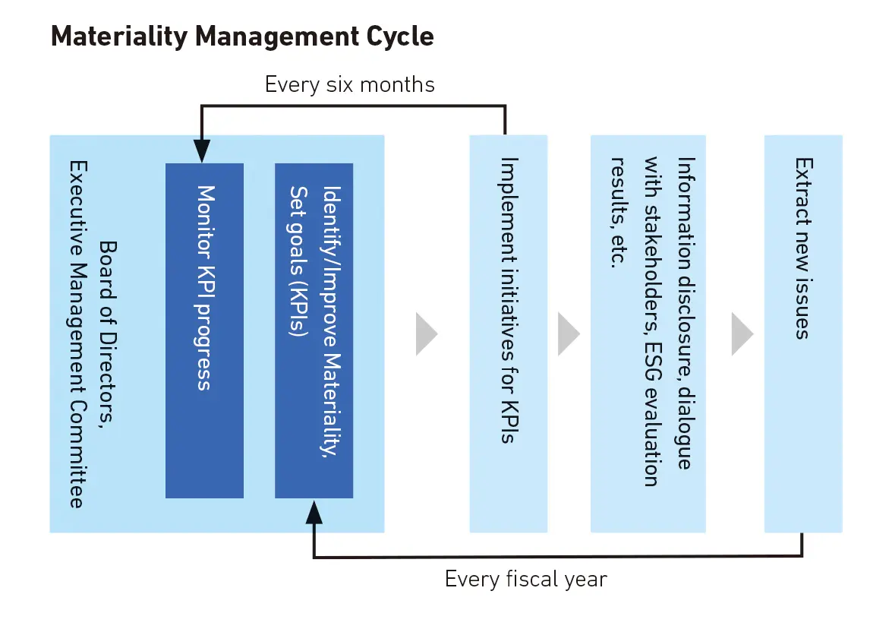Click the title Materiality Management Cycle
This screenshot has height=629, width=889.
(242, 37)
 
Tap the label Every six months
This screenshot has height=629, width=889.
(349, 84)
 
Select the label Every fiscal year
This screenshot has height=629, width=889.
(525, 580)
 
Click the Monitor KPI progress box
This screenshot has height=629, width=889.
(204, 330)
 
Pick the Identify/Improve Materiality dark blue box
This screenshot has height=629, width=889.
(314, 330)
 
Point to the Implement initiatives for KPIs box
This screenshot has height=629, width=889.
(508, 333)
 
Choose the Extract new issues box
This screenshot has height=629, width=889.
(802, 333)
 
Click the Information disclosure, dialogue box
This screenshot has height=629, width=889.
(648, 333)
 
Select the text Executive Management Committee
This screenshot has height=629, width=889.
(76, 333)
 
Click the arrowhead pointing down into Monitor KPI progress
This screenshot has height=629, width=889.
(201, 153)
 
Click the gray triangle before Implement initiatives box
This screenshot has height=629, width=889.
(426, 333)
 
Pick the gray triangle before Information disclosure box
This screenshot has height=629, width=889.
(568, 333)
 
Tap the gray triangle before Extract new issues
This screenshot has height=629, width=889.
(742, 333)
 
